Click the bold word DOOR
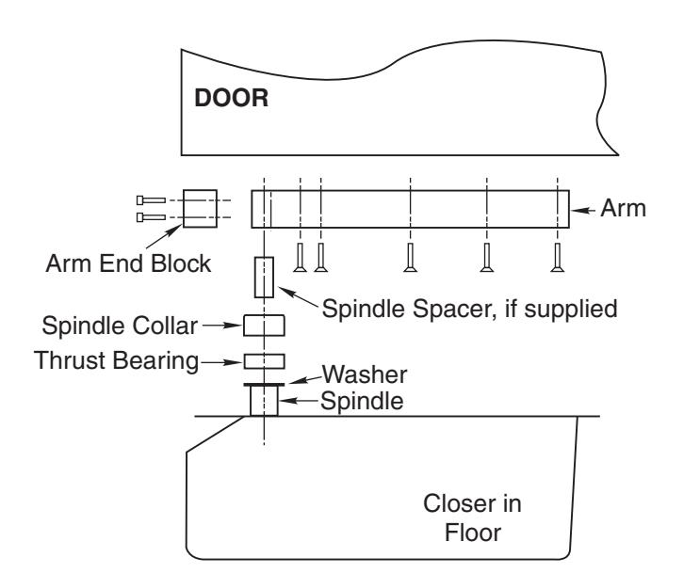(x=231, y=98)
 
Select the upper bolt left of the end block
(x=151, y=200)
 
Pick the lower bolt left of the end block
(x=151, y=217)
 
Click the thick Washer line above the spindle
(x=264, y=385)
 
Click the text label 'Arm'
(x=623, y=208)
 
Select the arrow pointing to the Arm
(x=583, y=211)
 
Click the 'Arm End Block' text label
(x=128, y=263)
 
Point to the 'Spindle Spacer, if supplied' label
(x=469, y=309)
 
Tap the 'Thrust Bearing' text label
(x=117, y=360)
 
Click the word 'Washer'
(x=365, y=374)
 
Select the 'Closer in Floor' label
(x=472, y=518)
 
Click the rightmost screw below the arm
(x=557, y=258)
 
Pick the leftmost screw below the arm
(x=300, y=258)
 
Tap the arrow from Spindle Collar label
(x=221, y=326)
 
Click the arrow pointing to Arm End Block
(x=164, y=236)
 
